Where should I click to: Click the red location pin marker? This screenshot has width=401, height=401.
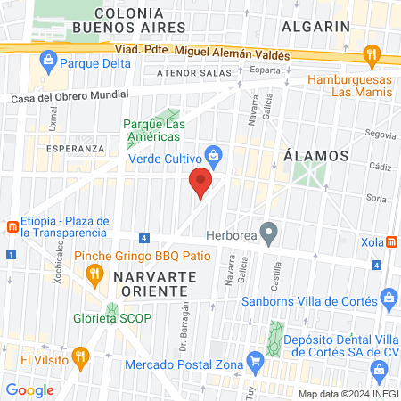200,184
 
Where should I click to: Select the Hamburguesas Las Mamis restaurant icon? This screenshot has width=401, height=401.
372,57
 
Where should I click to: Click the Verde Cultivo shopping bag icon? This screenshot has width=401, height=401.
213,155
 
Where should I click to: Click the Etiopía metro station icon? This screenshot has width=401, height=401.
12,226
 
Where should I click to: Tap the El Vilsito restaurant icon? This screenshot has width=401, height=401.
80,359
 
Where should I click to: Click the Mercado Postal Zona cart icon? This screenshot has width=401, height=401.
256,360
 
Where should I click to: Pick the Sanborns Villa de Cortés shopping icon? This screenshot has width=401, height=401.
387,297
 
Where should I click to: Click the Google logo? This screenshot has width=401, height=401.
29,389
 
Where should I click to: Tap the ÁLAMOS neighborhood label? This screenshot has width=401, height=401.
315,154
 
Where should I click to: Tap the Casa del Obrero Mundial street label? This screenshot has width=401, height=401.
70,97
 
